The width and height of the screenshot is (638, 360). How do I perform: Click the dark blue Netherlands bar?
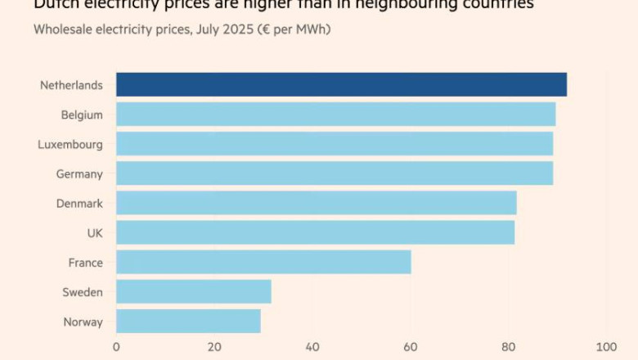tap(341, 84)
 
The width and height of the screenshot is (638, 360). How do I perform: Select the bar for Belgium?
tap(335, 115)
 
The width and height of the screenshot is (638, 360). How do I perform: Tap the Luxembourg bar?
tap(335, 144)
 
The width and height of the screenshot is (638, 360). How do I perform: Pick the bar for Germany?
tap(335, 173)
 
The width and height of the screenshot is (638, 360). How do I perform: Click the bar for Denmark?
tap(316, 203)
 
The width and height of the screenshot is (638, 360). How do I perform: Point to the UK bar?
tap(315, 232)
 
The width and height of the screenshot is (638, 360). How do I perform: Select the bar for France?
tap(263, 262)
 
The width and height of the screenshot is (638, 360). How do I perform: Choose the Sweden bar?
tap(193, 291)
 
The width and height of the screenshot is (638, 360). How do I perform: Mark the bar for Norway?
tap(188, 321)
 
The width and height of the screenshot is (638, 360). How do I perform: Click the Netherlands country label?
tap(71, 85)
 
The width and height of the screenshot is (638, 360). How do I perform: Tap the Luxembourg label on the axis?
tap(70, 145)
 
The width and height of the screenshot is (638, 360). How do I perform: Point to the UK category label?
tap(95, 233)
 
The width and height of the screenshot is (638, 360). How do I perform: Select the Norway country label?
tap(83, 322)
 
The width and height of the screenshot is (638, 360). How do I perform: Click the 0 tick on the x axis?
tap(116, 346)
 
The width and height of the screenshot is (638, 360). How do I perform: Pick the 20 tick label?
tap(213, 346)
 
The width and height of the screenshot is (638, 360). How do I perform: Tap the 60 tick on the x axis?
tap(410, 346)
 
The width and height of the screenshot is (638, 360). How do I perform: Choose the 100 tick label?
tap(605, 346)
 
